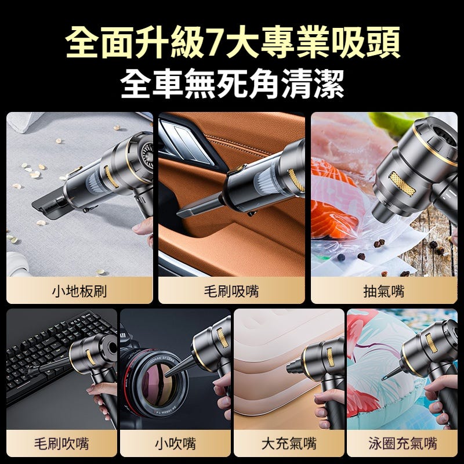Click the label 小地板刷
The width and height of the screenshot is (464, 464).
(x=79, y=291)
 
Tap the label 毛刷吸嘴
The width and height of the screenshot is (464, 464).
(x=231, y=291)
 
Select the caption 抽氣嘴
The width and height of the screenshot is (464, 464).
(x=384, y=291)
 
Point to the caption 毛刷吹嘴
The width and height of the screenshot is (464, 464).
(x=61, y=444)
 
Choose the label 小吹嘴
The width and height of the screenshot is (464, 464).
(x=175, y=444)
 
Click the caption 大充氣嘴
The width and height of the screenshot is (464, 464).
(x=289, y=444)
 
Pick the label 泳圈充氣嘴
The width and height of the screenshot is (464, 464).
(x=403, y=444)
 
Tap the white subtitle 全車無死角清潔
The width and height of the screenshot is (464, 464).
(x=232, y=84)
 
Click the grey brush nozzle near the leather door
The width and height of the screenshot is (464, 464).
(x=200, y=205)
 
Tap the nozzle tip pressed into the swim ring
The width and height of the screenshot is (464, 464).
(x=384, y=378)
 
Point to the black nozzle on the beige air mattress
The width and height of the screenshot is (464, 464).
(x=294, y=367)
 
